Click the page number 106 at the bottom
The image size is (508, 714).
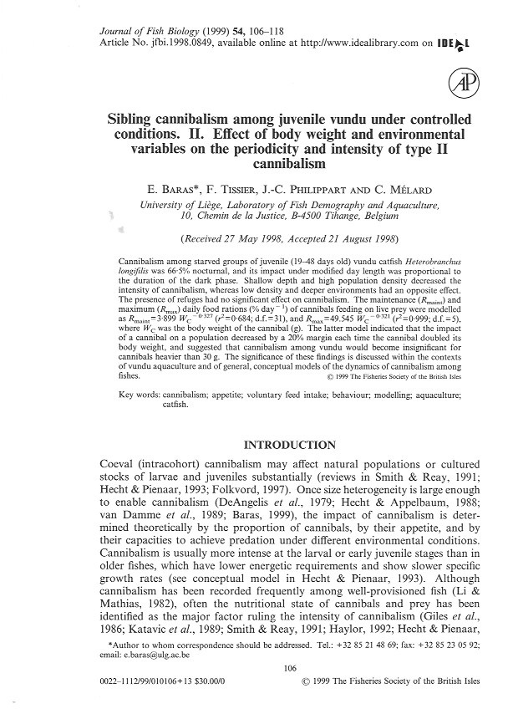click(253, 667)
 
